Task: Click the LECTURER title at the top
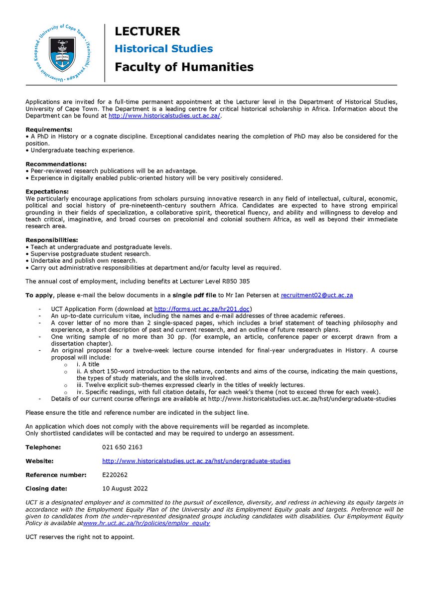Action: pos(147,31)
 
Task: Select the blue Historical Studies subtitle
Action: pos(163,49)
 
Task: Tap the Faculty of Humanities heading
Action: pos(184,67)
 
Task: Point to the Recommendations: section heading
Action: pos(56,163)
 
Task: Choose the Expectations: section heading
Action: pos(47,191)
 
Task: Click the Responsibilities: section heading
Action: pos(51,240)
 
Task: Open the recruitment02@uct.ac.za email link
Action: pos(317,295)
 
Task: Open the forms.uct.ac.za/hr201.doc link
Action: pos(203,309)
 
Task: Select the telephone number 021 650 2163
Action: pos(122,447)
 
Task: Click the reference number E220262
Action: pos(117,475)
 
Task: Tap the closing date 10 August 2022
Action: pos(125,488)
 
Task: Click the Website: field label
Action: pos(39,461)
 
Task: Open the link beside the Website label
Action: pos(196,461)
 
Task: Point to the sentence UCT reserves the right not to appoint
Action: pos(80,537)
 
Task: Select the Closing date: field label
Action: pos(46,488)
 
